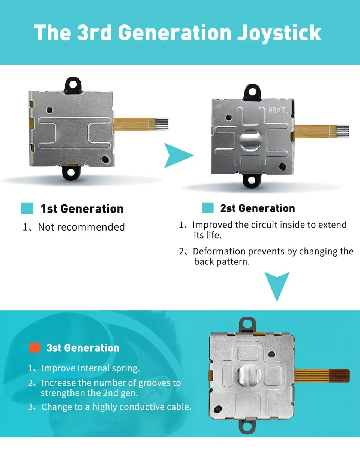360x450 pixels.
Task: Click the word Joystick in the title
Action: [x=279, y=33]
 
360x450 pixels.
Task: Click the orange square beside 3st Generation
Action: [x=34, y=348]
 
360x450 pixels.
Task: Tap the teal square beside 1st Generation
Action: [x=27, y=208]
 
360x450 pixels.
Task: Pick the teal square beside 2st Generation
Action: [x=208, y=208]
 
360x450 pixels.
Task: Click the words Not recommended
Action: [x=81, y=227]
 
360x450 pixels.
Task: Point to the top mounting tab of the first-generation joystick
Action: [x=73, y=85]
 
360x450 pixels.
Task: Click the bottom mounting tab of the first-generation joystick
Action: [x=71, y=173]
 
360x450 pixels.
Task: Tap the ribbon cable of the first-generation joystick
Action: [x=141, y=124]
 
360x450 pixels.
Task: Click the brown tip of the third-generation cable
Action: [x=339, y=375]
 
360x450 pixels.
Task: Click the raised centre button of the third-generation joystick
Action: [x=249, y=375]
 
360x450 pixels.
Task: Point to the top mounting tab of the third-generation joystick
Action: [x=247, y=324]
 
